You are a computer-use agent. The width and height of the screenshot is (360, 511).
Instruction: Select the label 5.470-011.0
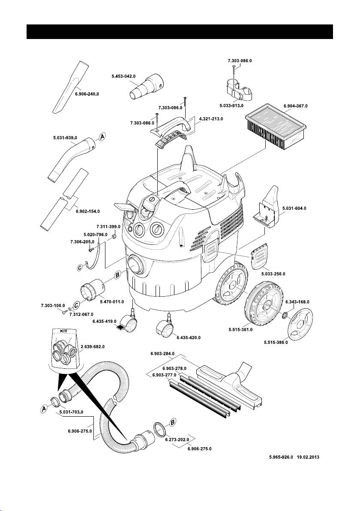[x=111, y=301]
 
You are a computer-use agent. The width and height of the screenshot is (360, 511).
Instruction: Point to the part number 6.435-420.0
[x=188, y=337]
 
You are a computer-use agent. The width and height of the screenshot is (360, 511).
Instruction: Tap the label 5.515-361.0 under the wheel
[x=240, y=330]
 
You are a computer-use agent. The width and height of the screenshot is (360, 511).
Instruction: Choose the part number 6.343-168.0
[x=297, y=302]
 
